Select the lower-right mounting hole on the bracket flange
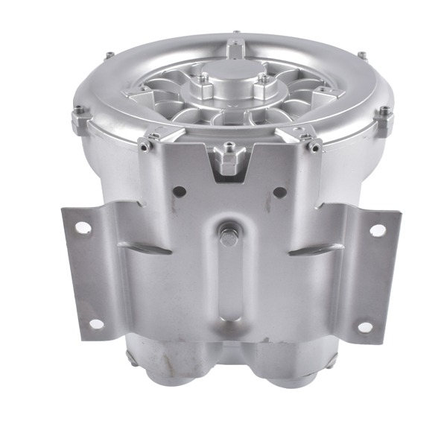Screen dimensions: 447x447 tap(364, 326)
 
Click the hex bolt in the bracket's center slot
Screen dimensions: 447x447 tap(228, 238)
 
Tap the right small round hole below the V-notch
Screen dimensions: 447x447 tap(279, 192)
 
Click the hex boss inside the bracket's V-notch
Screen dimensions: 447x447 tap(227, 159)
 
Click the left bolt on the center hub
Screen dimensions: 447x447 tap(202, 78)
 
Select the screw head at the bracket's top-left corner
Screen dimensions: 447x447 tap(143, 147)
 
